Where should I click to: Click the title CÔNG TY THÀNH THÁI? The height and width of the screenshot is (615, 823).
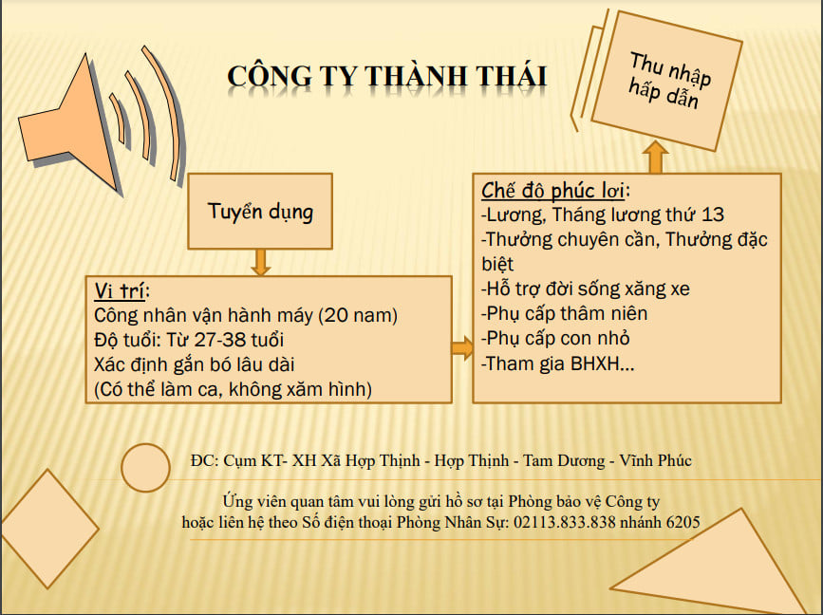click(386, 75)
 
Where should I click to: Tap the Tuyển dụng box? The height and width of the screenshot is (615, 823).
click(260, 211)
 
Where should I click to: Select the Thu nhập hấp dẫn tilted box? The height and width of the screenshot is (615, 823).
click(670, 80)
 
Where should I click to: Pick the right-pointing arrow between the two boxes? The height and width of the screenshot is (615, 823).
click(462, 348)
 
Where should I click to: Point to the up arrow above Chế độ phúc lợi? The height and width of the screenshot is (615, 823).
click(656, 157)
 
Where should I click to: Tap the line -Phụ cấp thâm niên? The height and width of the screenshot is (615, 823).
click(565, 313)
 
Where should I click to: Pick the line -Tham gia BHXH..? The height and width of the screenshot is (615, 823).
click(558, 363)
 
